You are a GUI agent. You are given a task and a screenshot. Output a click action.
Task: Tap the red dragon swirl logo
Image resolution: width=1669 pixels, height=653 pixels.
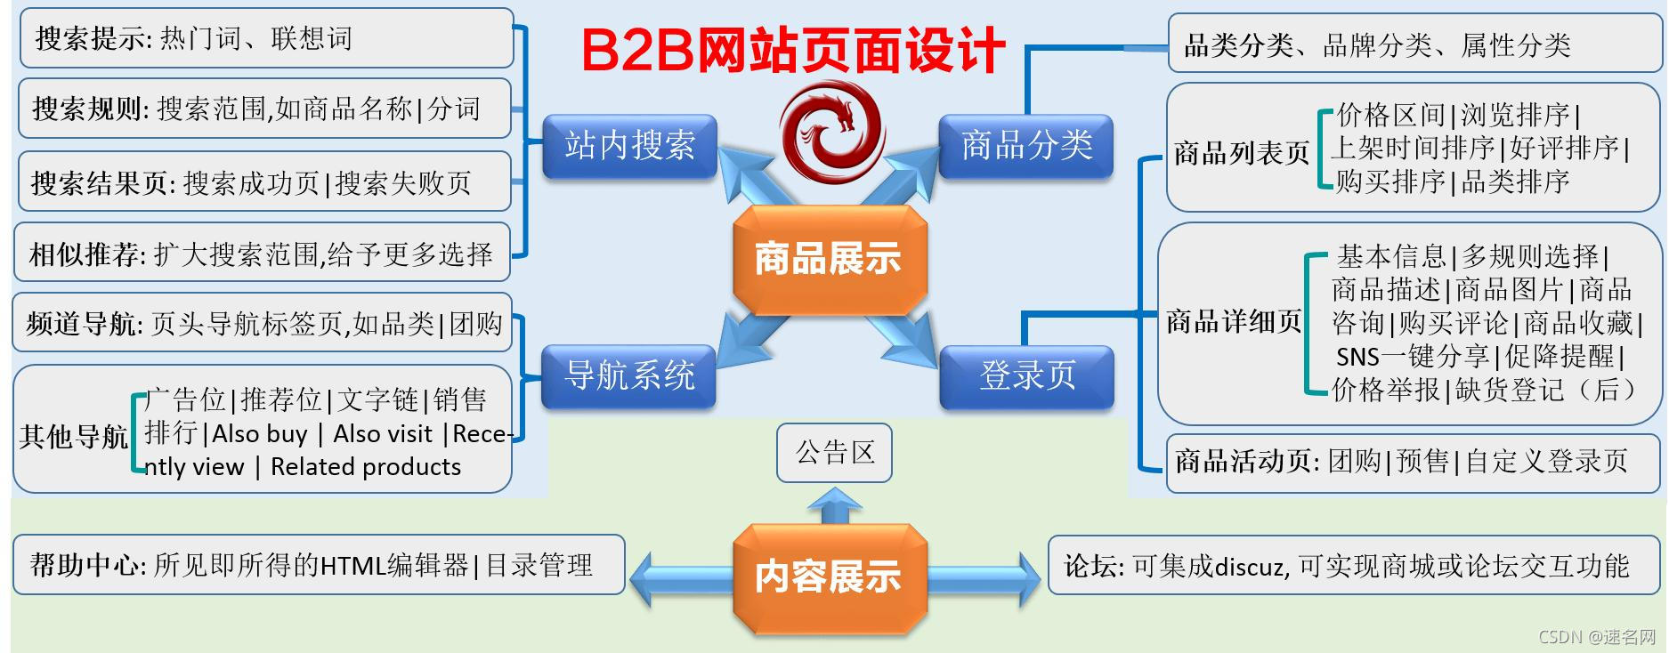tap(831, 129)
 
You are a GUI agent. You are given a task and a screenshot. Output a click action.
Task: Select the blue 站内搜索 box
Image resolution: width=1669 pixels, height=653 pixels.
tap(629, 146)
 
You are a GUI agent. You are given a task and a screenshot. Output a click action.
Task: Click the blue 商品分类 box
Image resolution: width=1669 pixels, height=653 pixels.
tap(1026, 146)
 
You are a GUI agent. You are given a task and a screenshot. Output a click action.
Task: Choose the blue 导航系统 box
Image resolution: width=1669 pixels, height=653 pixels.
tap(629, 375)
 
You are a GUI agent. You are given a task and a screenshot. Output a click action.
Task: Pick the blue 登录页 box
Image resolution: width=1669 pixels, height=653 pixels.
tap(1026, 376)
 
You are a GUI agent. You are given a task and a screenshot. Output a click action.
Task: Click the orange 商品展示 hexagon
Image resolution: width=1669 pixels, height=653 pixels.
tap(829, 259)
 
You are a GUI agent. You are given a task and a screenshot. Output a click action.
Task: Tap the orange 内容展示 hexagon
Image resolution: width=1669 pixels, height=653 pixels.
tap(829, 576)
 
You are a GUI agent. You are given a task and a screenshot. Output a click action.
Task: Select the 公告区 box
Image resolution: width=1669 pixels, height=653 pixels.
tap(834, 453)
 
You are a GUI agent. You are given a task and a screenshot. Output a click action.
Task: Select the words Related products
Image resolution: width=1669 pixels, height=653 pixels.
tap(366, 467)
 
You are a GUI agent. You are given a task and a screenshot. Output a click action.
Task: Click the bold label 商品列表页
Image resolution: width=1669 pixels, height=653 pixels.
tap(1241, 154)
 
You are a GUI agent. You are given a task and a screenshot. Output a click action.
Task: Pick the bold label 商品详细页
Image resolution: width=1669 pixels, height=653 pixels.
tap(1234, 321)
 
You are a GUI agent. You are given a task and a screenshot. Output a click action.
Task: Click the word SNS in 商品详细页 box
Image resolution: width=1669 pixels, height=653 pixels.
tap(1357, 358)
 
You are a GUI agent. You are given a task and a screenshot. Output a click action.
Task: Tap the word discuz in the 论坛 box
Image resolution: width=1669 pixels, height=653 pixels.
tap(1249, 567)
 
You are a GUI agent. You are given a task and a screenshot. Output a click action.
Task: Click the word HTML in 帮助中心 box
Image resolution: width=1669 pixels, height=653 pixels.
tap(349, 566)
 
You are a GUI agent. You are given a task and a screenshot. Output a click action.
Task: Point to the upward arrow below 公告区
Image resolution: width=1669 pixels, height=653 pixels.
tap(834, 504)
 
